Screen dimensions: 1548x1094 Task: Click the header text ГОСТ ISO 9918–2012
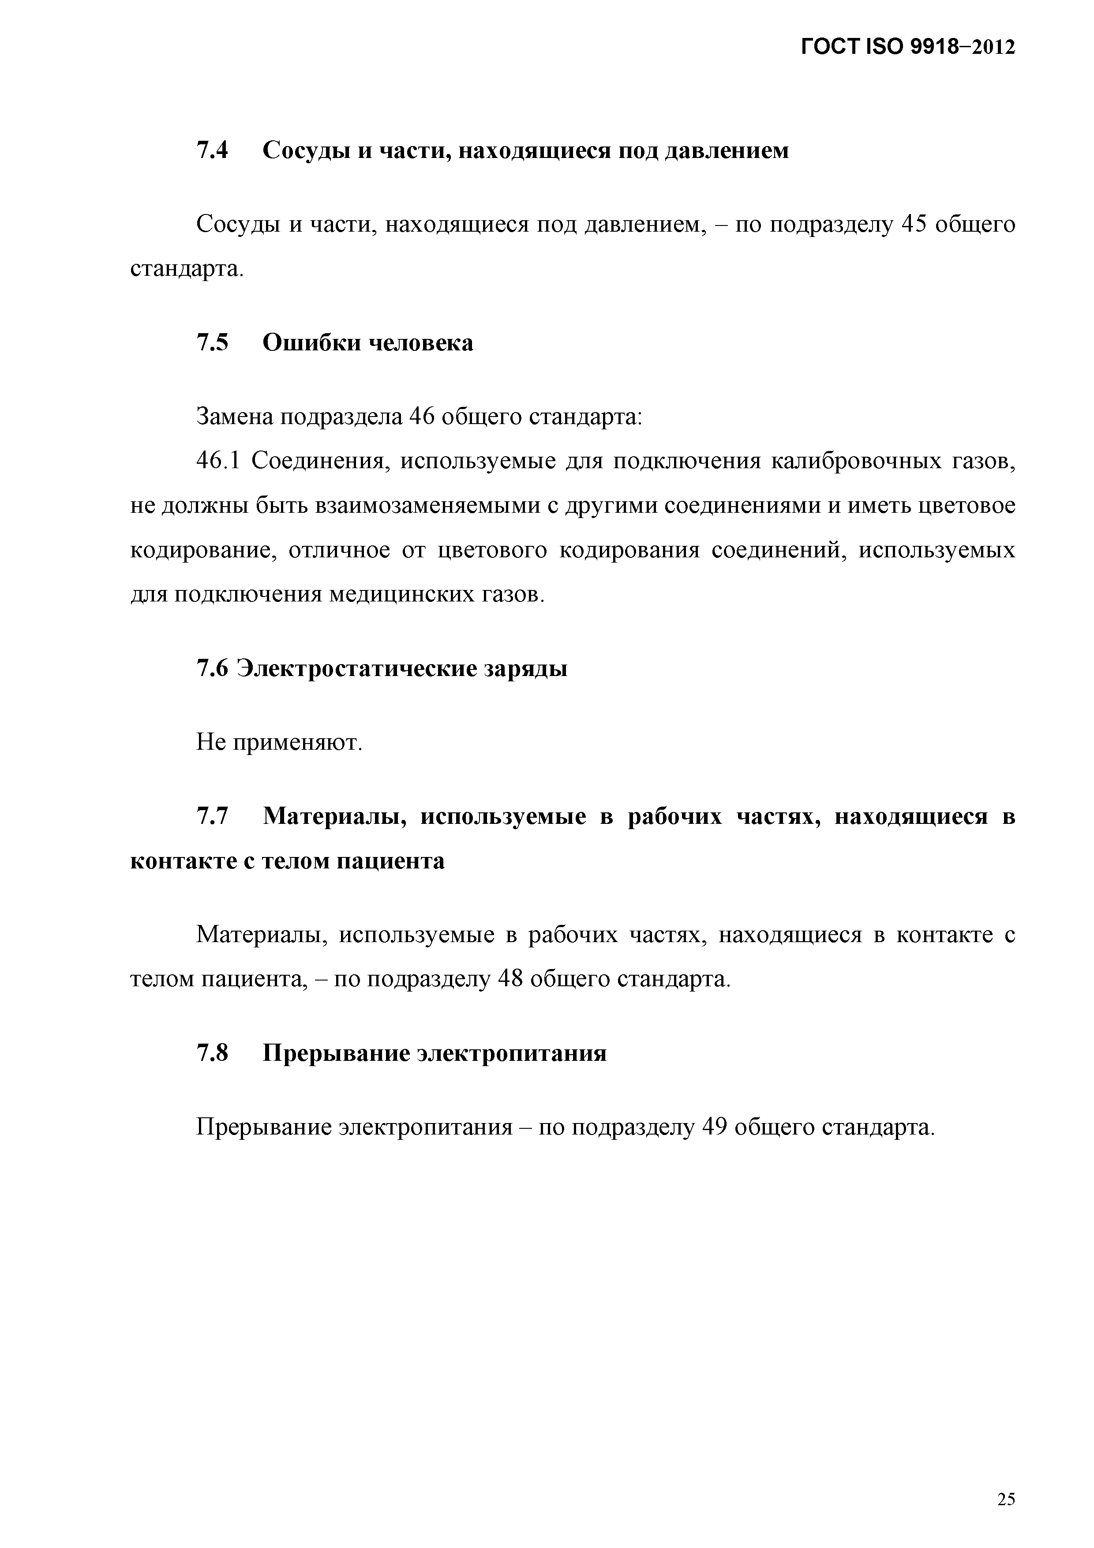[x=908, y=47]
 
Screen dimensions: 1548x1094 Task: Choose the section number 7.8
[x=212, y=1053]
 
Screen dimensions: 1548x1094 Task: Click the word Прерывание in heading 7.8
[x=333, y=1053]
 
